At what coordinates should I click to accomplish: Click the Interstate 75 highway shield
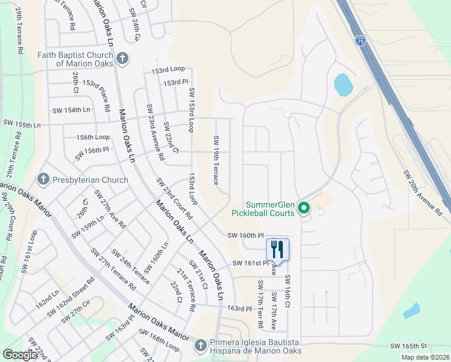(360, 41)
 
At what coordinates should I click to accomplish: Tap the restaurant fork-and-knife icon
(277, 249)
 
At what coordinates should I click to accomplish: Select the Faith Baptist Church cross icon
(122, 59)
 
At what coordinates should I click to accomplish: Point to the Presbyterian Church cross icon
(43, 179)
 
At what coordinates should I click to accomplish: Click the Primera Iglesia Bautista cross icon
(201, 346)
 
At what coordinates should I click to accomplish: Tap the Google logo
(20, 355)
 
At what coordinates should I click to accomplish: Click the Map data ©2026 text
(425, 357)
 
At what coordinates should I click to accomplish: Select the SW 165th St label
(408, 346)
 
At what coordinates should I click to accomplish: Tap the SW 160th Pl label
(246, 235)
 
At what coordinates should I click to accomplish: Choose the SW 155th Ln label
(20, 125)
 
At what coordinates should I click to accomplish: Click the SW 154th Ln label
(71, 110)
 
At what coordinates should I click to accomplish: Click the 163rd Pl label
(239, 308)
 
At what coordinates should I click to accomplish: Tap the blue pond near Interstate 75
(342, 85)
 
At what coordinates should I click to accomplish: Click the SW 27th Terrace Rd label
(113, 275)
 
